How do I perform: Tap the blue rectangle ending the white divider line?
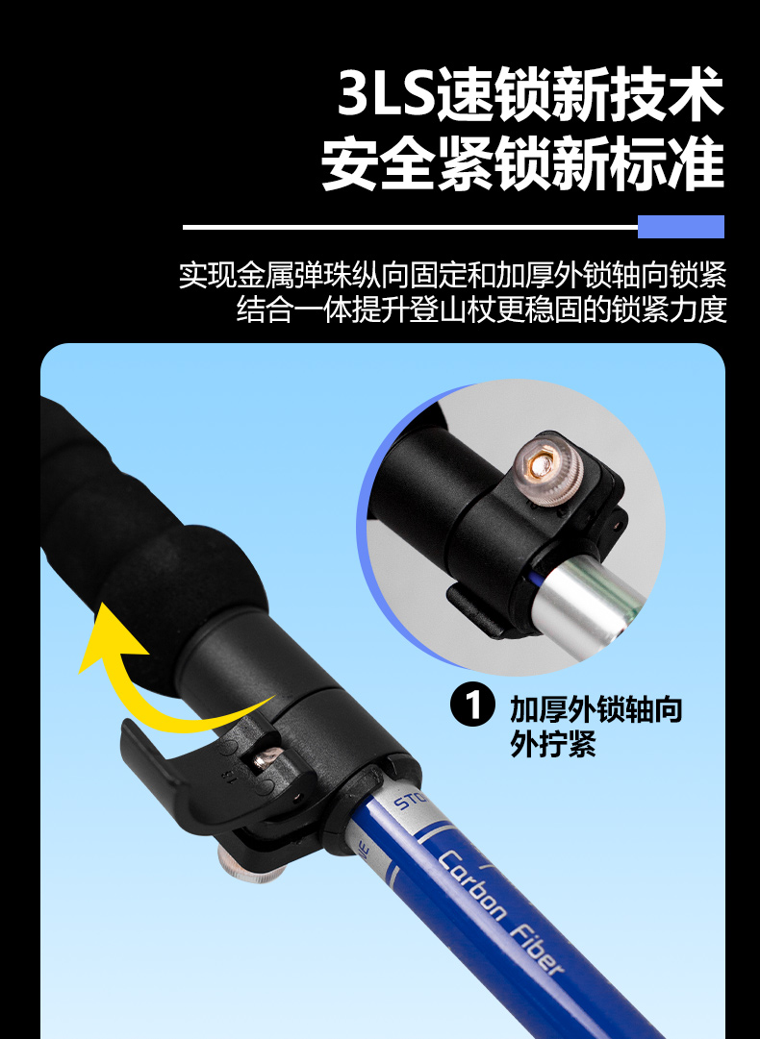click(x=680, y=227)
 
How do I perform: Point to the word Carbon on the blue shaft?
click(x=471, y=883)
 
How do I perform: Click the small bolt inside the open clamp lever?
click(x=267, y=757)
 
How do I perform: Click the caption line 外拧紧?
click(x=553, y=744)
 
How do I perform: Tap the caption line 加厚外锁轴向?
click(x=595, y=709)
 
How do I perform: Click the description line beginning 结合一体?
click(x=481, y=309)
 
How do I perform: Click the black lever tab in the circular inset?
click(x=474, y=609)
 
